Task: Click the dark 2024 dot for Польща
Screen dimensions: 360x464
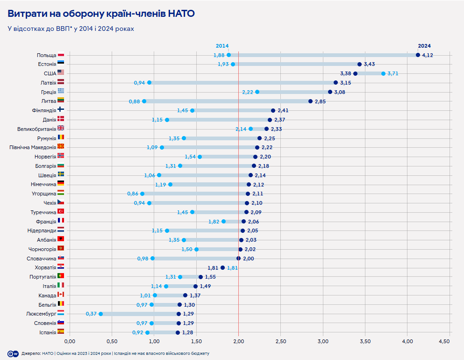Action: pos(418,55)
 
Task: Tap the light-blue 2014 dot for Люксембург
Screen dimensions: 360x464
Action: pos(101,314)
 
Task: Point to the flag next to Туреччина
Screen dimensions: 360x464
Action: pos(61,212)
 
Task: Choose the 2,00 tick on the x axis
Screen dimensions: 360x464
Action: pos(238,341)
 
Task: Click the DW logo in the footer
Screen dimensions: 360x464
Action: pos(13,353)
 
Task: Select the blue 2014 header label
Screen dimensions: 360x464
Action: pos(222,46)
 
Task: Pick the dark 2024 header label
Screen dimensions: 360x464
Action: pos(424,46)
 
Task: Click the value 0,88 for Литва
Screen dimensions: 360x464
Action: pos(134,101)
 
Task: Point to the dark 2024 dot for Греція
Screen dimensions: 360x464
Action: pos(330,92)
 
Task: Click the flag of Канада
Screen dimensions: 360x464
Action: pos(61,295)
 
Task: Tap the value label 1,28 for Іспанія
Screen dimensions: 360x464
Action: pos(187,332)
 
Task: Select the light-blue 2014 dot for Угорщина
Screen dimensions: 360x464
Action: pos(143,194)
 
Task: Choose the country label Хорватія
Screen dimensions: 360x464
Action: pos(45,267)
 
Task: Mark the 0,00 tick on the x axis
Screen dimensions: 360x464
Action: pos(70,341)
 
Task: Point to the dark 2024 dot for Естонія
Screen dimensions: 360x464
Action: pos(359,64)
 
